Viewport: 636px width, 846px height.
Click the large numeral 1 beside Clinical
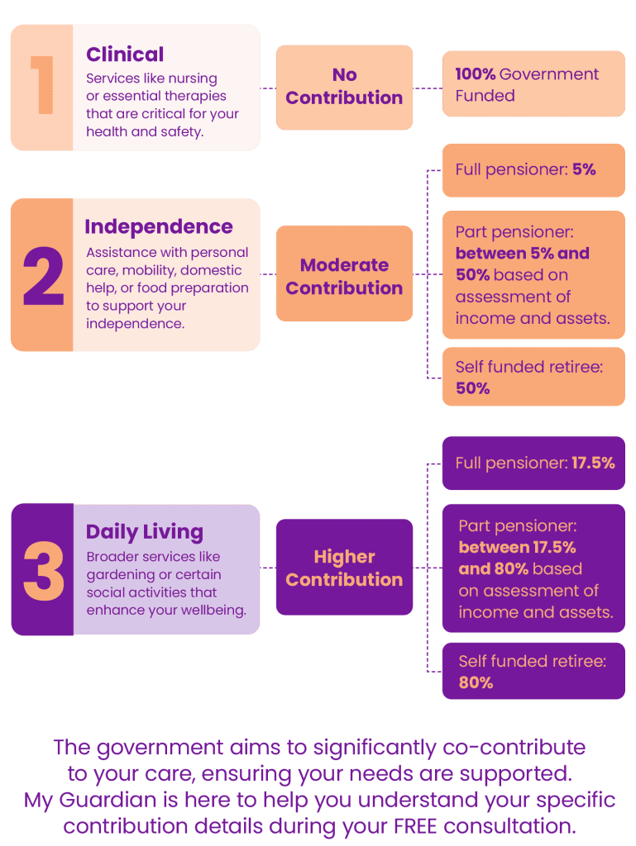[43, 85]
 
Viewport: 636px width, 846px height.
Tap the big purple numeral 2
[43, 276]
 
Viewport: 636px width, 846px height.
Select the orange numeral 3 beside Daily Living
[44, 571]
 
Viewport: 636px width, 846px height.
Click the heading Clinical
[125, 55]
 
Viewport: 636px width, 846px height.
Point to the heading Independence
[159, 226]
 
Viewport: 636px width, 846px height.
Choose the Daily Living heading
[145, 532]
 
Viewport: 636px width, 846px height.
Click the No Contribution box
[344, 88]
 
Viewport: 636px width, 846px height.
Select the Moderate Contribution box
[344, 273]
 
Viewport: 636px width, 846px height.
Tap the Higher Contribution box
[344, 567]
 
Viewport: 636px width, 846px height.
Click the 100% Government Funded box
[534, 83]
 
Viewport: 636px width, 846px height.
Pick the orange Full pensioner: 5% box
[534, 170]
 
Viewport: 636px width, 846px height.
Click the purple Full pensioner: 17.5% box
[534, 463]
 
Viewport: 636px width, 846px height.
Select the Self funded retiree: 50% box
[534, 377]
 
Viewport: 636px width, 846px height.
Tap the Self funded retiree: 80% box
[534, 671]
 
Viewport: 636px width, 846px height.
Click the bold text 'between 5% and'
[523, 253]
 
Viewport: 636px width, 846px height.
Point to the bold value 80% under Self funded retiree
[476, 682]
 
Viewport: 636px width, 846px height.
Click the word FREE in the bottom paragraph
[416, 826]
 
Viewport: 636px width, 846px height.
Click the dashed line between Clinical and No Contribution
[268, 88]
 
